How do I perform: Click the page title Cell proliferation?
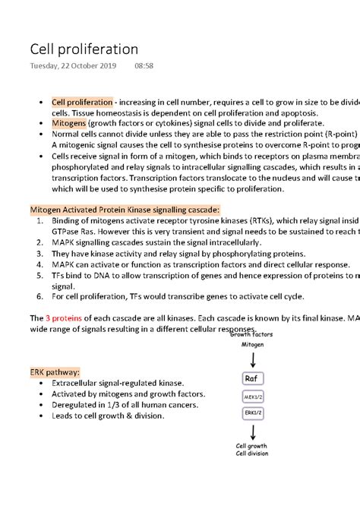[x=84, y=49]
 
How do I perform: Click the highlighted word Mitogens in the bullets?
[x=68, y=122]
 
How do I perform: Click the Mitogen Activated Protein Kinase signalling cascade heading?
[x=125, y=209]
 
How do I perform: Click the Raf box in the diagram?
[x=252, y=378]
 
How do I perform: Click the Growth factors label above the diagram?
[x=252, y=334]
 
